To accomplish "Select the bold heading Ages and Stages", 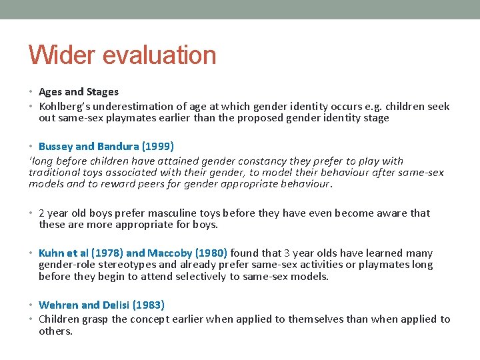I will click(79, 92).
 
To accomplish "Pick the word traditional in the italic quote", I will click(53, 172).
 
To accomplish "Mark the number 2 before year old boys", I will click(42, 213).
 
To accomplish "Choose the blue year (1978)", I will click(107, 253).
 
